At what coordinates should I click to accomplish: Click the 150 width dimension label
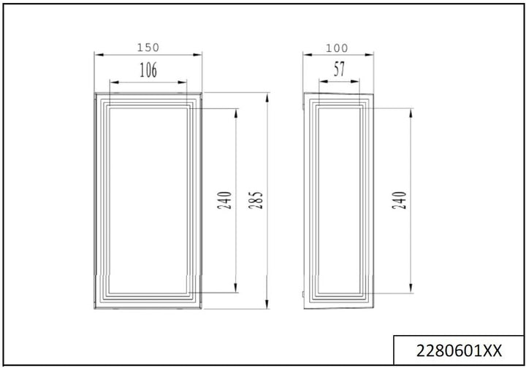click(148, 47)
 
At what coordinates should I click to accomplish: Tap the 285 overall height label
click(258, 200)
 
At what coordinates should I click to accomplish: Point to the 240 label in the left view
click(225, 200)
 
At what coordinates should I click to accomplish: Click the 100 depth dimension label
click(336, 48)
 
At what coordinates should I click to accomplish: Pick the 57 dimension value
click(340, 70)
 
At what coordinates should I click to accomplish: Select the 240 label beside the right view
click(400, 200)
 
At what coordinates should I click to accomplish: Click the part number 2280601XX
click(458, 350)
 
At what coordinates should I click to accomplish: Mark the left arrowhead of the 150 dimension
click(99, 54)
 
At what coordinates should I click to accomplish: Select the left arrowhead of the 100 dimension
click(307, 54)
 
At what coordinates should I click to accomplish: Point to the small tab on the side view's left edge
click(304, 294)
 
